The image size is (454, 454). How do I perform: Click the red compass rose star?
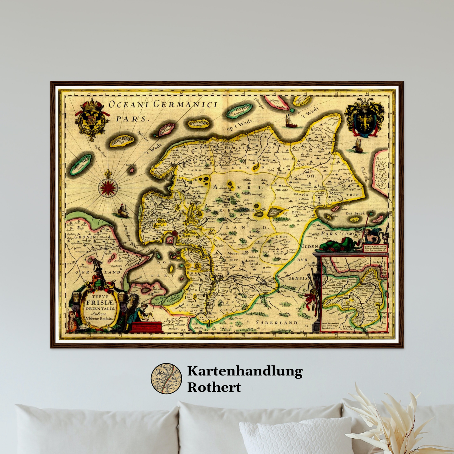pyautogui.click(x=108, y=187)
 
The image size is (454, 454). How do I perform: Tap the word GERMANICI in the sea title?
pyautogui.click(x=185, y=104)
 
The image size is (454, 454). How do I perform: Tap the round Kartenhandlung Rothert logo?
pyautogui.click(x=166, y=379)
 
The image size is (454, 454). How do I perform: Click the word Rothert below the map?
pyautogui.click(x=214, y=387)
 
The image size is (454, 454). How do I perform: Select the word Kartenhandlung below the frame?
pyautogui.click(x=245, y=371)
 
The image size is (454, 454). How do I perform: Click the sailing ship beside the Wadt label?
pyautogui.click(x=290, y=122)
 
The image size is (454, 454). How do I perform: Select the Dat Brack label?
pyautogui.click(x=355, y=213)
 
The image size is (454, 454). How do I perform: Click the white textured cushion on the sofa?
pyautogui.click(x=295, y=437)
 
